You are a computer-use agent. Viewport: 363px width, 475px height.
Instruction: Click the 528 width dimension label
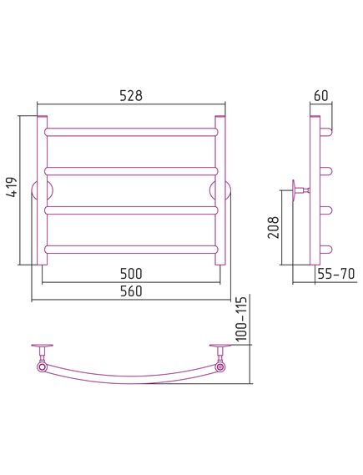131,95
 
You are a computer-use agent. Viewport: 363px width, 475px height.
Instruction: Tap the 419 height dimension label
13,187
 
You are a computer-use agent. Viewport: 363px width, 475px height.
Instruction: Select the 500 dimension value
131,274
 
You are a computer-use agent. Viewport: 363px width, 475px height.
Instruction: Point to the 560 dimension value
131,291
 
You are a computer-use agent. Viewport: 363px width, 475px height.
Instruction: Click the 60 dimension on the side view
321,95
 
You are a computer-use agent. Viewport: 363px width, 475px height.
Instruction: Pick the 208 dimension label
274,227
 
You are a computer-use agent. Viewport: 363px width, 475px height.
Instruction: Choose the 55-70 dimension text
335,274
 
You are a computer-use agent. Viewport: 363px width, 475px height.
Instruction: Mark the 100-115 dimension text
242,318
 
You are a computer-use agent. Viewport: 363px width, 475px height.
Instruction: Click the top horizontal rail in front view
131,132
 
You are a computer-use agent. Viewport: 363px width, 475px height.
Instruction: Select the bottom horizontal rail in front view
131,250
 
